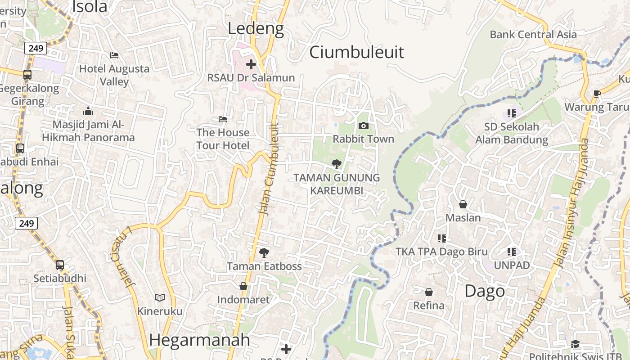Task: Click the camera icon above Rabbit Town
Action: (x=364, y=126)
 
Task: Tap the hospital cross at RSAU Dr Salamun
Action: (x=251, y=64)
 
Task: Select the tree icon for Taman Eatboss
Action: (x=264, y=252)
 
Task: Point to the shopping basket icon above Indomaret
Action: (x=243, y=286)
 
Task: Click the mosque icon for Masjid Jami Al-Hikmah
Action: (x=88, y=111)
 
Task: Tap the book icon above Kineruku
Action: (x=160, y=297)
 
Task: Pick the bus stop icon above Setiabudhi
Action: (x=60, y=265)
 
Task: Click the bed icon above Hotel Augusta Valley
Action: (x=114, y=55)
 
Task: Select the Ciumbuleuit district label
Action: (x=356, y=52)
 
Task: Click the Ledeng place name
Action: (x=256, y=29)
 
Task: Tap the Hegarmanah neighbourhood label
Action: (x=199, y=340)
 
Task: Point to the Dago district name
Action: (x=484, y=291)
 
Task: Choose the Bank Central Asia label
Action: (x=533, y=35)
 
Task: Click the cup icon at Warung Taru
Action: (x=597, y=94)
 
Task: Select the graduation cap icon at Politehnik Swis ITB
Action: (x=576, y=344)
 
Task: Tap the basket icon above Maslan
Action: (x=463, y=204)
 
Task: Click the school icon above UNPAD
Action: (x=512, y=252)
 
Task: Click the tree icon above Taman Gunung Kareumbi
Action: (x=336, y=164)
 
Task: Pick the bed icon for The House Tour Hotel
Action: (x=223, y=119)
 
